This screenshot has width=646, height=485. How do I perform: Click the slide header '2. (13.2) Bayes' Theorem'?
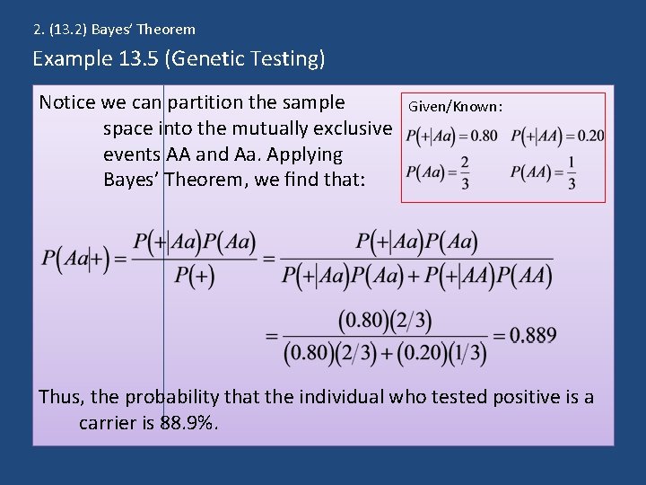tap(114, 30)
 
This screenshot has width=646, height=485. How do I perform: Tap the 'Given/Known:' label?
tap(455, 107)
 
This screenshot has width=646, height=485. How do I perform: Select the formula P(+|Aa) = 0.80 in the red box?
tap(451, 137)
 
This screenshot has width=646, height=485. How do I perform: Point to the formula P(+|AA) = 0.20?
tap(557, 137)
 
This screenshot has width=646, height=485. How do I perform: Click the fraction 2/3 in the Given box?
tap(464, 172)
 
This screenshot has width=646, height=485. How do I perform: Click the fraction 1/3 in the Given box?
tap(572, 172)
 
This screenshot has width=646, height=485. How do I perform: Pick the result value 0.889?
tap(533, 336)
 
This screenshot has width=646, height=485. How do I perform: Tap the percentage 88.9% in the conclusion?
tap(188, 421)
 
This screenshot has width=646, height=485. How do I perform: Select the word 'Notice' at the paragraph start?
tap(66, 101)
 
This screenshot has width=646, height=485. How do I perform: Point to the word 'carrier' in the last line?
tap(107, 421)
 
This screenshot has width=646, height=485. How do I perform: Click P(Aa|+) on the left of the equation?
tap(75, 260)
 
